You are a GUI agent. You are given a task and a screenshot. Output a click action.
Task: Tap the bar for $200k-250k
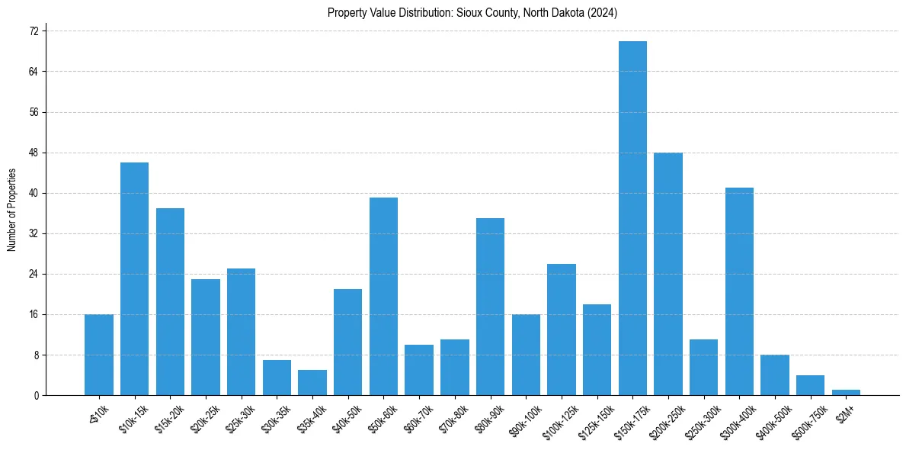tap(668, 274)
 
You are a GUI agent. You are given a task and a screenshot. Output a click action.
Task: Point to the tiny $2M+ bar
tap(846, 392)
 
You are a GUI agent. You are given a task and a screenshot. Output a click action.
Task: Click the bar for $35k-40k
tap(312, 383)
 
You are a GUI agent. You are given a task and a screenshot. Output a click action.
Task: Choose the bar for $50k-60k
tap(383, 297)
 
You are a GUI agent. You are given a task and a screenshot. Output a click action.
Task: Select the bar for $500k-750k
tap(810, 385)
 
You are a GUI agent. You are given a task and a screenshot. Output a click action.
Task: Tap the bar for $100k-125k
tap(562, 329)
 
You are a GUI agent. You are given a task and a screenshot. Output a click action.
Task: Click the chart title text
tap(472, 13)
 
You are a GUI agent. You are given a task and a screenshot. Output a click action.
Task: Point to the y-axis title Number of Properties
tap(12, 210)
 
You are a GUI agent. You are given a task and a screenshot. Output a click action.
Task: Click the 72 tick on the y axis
tap(34, 31)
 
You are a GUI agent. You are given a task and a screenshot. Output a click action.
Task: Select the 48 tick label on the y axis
tap(34, 153)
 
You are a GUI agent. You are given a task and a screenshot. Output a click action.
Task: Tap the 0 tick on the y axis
tap(36, 395)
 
